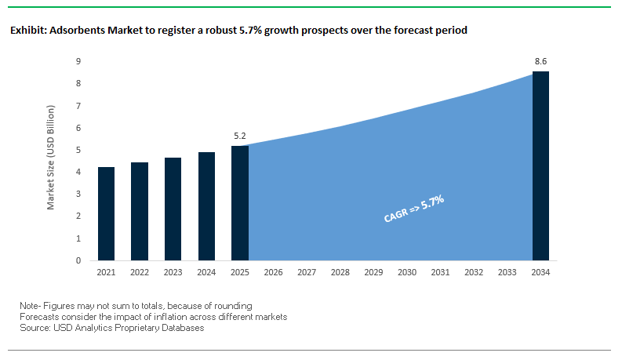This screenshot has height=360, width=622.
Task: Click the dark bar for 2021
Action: (x=107, y=213)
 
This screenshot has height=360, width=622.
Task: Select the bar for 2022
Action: (x=140, y=211)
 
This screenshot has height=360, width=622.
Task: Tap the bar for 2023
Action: (x=173, y=209)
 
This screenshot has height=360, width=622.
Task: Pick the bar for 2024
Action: (x=206, y=206)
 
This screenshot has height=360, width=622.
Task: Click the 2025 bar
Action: (x=240, y=203)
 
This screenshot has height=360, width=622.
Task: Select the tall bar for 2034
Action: (x=540, y=165)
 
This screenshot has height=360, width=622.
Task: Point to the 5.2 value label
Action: (x=240, y=136)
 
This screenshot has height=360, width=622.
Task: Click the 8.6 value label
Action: (x=540, y=60)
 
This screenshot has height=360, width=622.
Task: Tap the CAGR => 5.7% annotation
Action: (x=414, y=209)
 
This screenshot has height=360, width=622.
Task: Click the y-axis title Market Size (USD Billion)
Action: (x=51, y=161)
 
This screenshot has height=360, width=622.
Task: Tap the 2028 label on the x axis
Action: (x=340, y=273)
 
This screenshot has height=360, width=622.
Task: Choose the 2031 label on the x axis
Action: (x=440, y=273)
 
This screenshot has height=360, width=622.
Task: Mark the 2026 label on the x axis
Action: (x=274, y=273)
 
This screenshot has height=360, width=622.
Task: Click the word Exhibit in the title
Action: (x=27, y=31)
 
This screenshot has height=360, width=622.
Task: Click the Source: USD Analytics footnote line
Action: (x=112, y=328)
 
